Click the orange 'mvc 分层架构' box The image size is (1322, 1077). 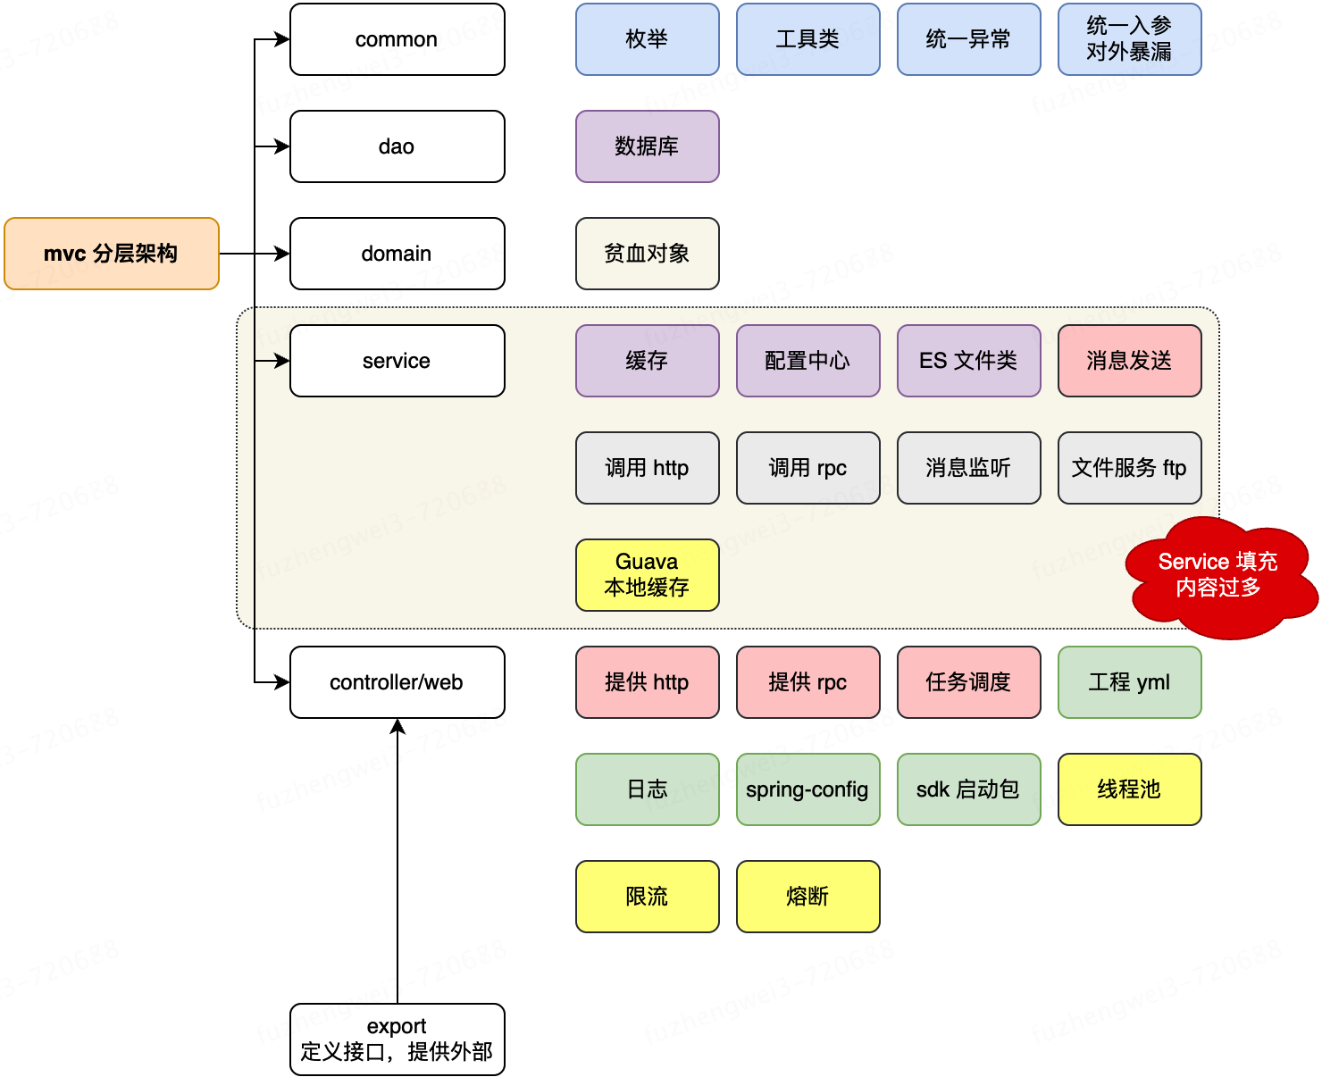pyautogui.click(x=112, y=254)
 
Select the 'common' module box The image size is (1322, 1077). pyautogui.click(x=397, y=39)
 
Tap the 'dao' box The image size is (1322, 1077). pyautogui.click(x=397, y=146)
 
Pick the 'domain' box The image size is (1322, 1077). pyautogui.click(x=397, y=254)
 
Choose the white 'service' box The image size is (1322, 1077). pyautogui.click(x=397, y=361)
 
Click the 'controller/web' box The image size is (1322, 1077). pyautogui.click(x=397, y=682)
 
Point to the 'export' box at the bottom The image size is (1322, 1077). pyautogui.click(x=397, y=1039)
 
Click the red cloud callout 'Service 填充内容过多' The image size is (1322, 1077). pyautogui.click(x=1219, y=576)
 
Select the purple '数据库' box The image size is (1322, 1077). pyautogui.click(x=648, y=146)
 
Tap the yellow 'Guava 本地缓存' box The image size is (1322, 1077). pyautogui.click(x=648, y=575)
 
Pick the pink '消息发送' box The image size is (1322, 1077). pyautogui.click(x=1130, y=361)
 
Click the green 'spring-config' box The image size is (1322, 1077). pyautogui.click(x=808, y=789)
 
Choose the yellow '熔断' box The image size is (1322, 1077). pyautogui.click(x=808, y=897)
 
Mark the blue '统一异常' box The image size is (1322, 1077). pyautogui.click(x=969, y=39)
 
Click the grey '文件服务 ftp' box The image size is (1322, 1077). pyautogui.click(x=1130, y=468)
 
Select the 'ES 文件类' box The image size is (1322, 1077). pyautogui.click(x=969, y=361)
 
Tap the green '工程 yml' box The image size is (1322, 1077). pyautogui.click(x=1130, y=682)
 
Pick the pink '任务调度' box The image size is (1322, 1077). pyautogui.click(x=969, y=682)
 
